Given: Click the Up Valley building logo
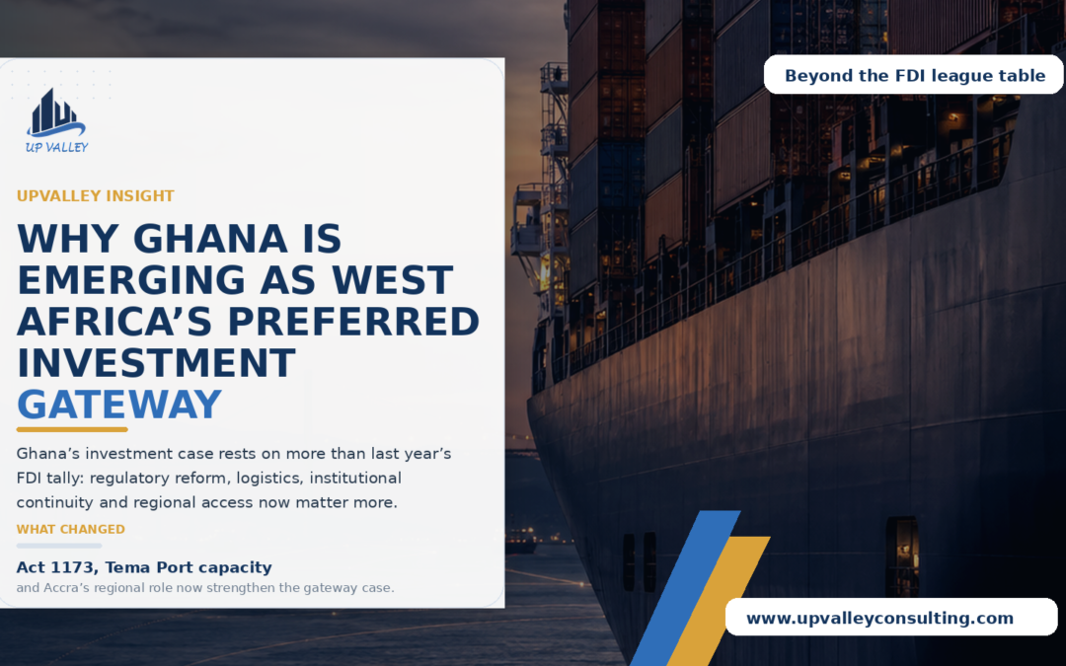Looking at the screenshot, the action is pyautogui.click(x=56, y=120).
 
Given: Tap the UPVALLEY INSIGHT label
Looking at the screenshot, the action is pyautogui.click(x=95, y=196).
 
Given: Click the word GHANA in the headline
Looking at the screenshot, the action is pyautogui.click(x=210, y=239).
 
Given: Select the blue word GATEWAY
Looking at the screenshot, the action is pyautogui.click(x=119, y=405).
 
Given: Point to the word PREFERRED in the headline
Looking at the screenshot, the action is pyautogui.click(x=353, y=322).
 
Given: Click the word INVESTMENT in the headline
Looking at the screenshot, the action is pyautogui.click(x=156, y=363).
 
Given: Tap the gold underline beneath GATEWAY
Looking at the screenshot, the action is pyautogui.click(x=72, y=429).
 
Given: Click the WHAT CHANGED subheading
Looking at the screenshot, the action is pyautogui.click(x=71, y=530).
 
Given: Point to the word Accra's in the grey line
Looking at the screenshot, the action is pyautogui.click(x=67, y=588).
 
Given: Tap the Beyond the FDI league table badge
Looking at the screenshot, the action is pyautogui.click(x=914, y=75).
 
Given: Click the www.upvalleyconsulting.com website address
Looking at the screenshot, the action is pyautogui.click(x=879, y=619).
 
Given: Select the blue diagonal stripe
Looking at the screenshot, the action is pyautogui.click(x=685, y=588).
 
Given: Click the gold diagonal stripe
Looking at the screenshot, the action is pyautogui.click(x=719, y=602).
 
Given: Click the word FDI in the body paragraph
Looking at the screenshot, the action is pyautogui.click(x=29, y=478).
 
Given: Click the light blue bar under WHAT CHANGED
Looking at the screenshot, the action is pyautogui.click(x=59, y=546).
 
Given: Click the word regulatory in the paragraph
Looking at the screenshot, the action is pyautogui.click(x=129, y=479).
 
